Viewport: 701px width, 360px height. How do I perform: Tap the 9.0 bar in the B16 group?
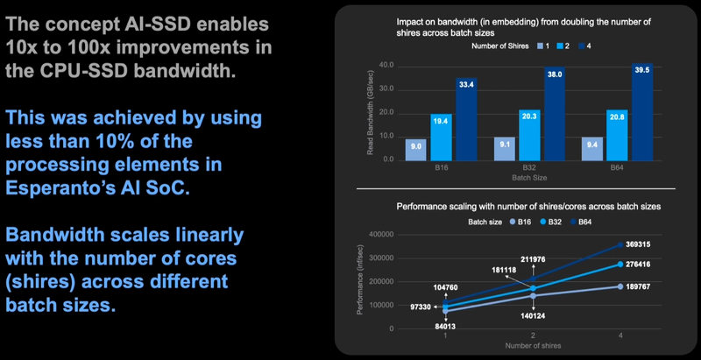click(x=416, y=150)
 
